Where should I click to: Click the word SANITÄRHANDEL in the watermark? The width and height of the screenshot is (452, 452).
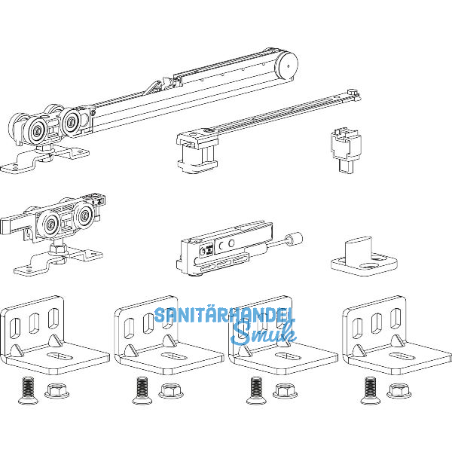[224, 315]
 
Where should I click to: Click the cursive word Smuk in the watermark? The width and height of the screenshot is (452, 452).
[264, 334]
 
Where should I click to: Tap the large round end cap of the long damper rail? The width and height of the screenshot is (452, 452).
[286, 65]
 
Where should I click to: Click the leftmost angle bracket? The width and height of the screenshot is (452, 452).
[55, 335]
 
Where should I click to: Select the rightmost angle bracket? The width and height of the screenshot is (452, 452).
[397, 335]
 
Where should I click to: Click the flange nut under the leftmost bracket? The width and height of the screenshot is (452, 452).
[57, 390]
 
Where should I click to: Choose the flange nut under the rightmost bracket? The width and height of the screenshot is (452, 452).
[399, 390]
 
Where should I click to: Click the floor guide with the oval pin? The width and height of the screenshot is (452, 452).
[365, 256]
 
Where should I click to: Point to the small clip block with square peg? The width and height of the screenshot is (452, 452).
[346, 151]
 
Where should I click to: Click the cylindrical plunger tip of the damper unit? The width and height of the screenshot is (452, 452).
[294, 240]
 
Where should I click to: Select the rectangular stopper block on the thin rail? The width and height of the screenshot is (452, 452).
[197, 151]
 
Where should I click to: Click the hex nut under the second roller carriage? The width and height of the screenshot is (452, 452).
[59, 249]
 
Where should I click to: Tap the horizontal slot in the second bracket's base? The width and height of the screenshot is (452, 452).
[174, 356]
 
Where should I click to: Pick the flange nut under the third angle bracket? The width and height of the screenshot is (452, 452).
[286, 390]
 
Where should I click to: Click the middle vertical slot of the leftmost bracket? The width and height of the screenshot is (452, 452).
[35, 323]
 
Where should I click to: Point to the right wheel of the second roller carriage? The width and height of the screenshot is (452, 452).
[84, 215]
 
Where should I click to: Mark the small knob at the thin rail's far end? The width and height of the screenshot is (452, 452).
[353, 92]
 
